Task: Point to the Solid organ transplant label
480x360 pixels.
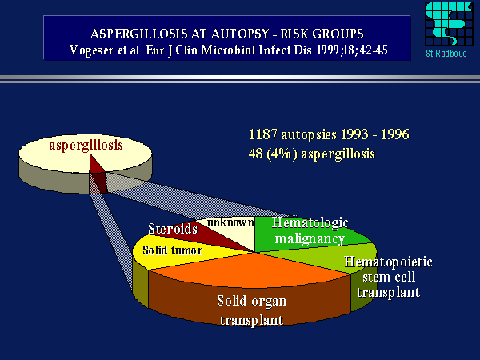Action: (253, 310)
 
